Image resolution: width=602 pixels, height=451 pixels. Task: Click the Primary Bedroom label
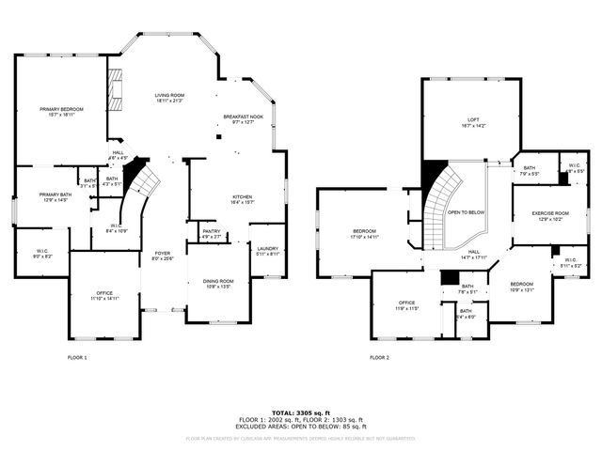click(61, 110)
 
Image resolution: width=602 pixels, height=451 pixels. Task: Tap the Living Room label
click(169, 96)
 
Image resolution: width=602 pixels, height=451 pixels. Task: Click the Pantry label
click(211, 232)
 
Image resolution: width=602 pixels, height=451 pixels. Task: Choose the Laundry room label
click(267, 249)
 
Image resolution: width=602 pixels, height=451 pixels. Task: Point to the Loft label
click(473, 119)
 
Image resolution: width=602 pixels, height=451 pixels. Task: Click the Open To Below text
click(467, 212)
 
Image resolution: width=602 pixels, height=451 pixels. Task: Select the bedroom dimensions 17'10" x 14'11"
click(365, 237)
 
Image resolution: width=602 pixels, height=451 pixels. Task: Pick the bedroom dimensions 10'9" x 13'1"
click(520, 289)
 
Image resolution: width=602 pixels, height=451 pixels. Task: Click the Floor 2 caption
click(379, 357)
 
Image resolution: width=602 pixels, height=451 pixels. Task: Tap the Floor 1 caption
click(77, 357)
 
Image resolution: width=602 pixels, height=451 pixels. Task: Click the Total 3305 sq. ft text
click(301, 412)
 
